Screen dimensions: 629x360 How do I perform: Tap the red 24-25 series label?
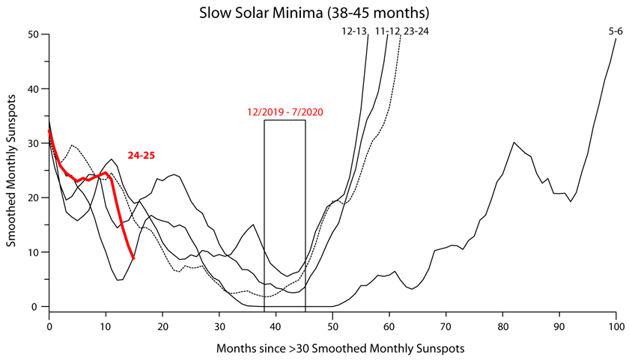142,155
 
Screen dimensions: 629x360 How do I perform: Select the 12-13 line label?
354,31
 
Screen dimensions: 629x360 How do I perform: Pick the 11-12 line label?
388,31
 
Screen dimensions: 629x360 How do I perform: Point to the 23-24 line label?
416,31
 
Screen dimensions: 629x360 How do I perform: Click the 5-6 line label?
616,31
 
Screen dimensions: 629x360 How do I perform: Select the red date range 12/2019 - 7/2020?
285,112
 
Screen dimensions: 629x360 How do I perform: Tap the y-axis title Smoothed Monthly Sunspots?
11,171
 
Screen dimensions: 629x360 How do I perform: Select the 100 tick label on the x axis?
616,327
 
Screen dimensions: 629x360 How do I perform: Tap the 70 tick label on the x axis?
446,327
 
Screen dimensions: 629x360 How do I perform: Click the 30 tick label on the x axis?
219,327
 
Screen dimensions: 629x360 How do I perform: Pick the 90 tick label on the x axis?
559,327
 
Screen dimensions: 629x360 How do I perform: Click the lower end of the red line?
133,258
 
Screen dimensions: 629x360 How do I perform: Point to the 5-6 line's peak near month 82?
514,142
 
